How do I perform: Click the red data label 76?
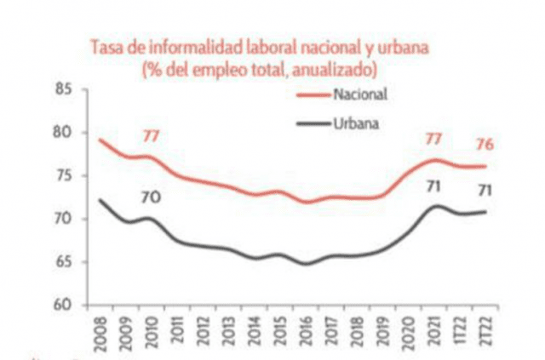coord(486,141)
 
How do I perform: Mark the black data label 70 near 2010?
coord(152,198)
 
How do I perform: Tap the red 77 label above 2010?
coord(152,135)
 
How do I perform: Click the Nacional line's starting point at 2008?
coord(100,140)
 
